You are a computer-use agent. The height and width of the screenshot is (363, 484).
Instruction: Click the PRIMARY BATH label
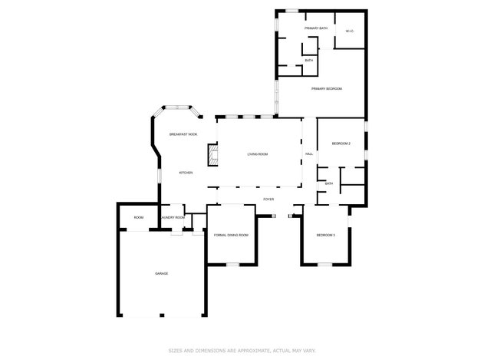tap(315, 28)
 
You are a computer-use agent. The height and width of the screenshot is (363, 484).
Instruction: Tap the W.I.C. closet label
tap(349, 31)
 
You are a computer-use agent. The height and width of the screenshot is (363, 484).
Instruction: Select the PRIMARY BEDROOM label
tap(326, 89)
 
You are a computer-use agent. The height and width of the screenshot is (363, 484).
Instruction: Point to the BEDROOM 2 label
tap(341, 144)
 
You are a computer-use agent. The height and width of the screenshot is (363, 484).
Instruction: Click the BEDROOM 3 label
tap(326, 235)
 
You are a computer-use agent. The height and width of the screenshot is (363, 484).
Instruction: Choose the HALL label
tap(309, 154)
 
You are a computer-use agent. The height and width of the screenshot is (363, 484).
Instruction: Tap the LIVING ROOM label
tap(257, 154)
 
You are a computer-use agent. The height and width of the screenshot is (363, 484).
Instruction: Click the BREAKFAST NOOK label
tap(183, 134)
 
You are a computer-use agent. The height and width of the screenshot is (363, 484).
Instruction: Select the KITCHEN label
tap(186, 173)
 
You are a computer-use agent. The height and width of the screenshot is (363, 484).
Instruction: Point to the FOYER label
tap(268, 199)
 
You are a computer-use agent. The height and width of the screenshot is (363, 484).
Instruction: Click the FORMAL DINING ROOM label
tap(231, 235)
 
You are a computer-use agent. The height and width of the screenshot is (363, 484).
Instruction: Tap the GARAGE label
tap(162, 273)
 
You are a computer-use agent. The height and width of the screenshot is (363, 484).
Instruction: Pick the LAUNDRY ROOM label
tap(173, 217)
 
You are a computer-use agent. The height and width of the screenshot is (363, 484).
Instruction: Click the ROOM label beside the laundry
tap(139, 217)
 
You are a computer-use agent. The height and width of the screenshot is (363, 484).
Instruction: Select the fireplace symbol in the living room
tap(209, 157)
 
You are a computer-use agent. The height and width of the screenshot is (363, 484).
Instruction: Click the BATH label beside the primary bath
tap(308, 60)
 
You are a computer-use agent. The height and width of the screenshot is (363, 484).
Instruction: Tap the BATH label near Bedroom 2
tap(328, 183)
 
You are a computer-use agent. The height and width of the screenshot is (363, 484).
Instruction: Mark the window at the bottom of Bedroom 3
tap(324, 266)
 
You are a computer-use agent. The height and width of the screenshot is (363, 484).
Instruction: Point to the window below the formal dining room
tap(232, 265)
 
